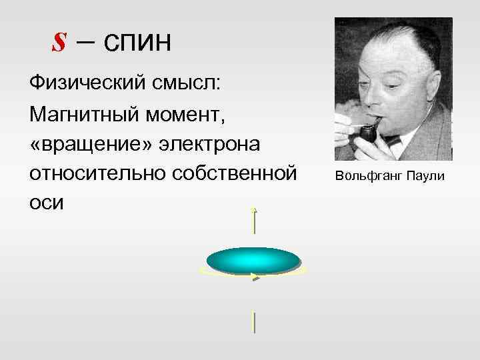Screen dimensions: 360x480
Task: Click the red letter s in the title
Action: coord(60,43)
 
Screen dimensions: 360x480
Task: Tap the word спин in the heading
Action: coord(137,43)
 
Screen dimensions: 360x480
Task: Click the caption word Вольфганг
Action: coord(366,177)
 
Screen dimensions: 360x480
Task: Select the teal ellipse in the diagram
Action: coord(253,260)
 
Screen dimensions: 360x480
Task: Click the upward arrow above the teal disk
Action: coord(254,219)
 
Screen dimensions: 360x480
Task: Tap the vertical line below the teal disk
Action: coord(254,322)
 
